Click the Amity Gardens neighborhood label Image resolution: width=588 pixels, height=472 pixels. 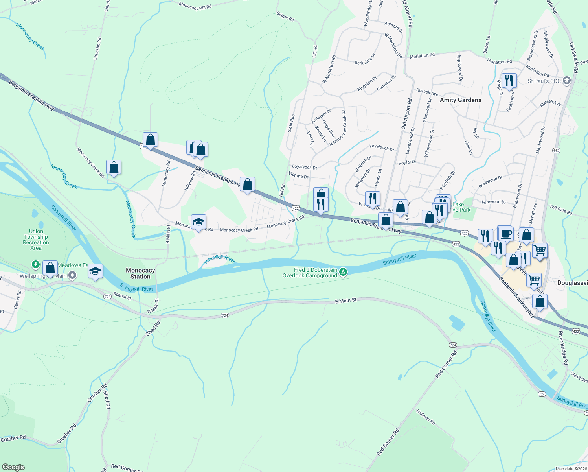point(460,100)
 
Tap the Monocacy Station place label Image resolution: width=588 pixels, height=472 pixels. point(140,273)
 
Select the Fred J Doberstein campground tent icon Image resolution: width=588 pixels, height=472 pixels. point(343,272)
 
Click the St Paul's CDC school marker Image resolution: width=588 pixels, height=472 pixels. point(566,81)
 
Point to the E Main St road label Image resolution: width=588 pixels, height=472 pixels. point(346,301)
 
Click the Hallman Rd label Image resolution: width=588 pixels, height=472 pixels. point(426,417)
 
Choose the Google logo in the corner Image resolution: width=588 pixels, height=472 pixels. point(13,467)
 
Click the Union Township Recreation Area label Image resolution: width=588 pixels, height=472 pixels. point(36,240)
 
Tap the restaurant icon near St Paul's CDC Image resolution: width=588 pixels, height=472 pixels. point(509,81)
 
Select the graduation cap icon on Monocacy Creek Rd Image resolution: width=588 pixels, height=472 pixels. point(198,222)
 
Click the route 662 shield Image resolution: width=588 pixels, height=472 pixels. point(556,151)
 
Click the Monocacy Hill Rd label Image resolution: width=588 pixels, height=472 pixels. point(195,6)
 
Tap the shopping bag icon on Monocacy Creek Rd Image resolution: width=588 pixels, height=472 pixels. point(114,168)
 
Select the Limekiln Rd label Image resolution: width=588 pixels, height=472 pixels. point(97,49)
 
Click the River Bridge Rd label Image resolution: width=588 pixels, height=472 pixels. point(563,348)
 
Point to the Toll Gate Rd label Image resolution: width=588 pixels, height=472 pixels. point(561,210)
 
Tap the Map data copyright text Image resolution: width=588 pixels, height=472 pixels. point(571,469)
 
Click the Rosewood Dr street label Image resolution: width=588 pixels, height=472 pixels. point(490,182)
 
